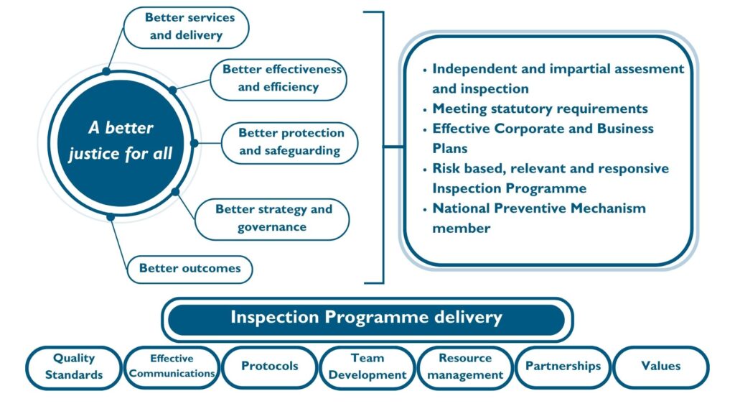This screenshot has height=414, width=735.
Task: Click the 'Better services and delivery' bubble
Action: coord(186,27)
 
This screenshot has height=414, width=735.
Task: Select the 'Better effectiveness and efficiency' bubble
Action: coord(278,79)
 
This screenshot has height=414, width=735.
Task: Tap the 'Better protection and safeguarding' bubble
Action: coord(290,143)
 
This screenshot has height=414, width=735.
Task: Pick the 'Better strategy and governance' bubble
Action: coord(272,219)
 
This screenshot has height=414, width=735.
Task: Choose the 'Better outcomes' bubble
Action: coord(189,270)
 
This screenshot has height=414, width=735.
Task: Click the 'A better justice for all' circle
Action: coord(121,143)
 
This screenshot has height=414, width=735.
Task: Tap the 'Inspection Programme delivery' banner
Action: coord(367,320)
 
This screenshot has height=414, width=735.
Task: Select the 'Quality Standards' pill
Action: coord(74,367)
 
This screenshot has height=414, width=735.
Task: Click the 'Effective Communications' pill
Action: coord(172,367)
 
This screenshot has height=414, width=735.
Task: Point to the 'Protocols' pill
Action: coord(270,367)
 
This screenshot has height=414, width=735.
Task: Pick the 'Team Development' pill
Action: coord(367,367)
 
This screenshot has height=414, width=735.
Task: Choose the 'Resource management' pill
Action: coord(465,367)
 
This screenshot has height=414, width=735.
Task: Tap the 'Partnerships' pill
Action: coord(563,367)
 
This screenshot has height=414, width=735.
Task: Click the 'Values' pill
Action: coord(661,367)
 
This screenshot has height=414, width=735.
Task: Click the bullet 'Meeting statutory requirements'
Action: coord(540,109)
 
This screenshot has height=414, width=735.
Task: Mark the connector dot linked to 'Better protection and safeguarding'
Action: coord(194,143)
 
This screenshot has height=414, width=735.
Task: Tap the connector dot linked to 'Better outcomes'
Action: coord(111,217)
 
